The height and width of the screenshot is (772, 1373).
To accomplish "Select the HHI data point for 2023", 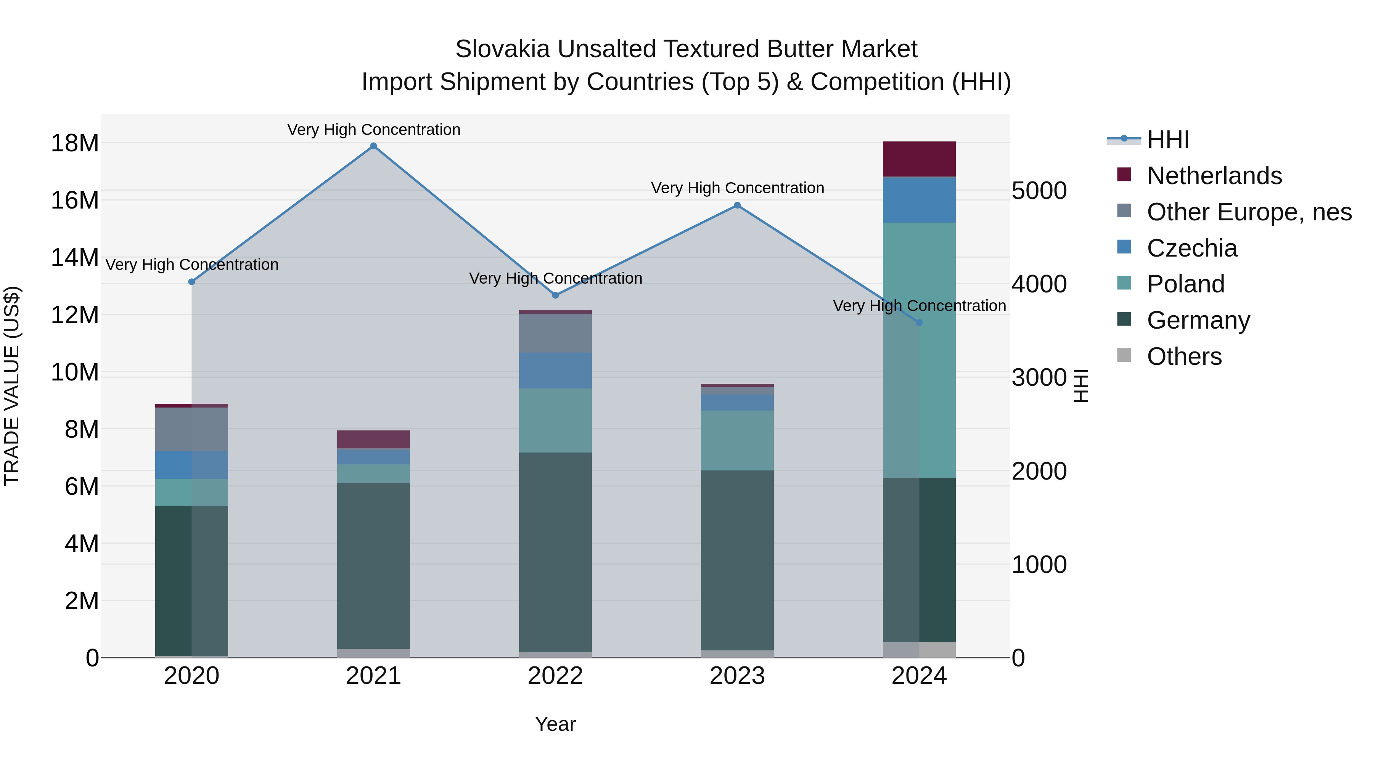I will [x=737, y=205].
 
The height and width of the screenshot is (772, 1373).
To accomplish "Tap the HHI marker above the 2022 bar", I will [x=555, y=295].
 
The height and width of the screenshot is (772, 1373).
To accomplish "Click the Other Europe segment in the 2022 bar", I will [x=555, y=333].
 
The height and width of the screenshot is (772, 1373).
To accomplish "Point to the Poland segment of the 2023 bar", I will [x=737, y=440].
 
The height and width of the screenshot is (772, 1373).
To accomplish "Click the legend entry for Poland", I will [x=1185, y=284].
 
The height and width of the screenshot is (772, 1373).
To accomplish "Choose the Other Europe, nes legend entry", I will [x=1249, y=212].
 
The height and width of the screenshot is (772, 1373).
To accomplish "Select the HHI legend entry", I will [x=1167, y=140].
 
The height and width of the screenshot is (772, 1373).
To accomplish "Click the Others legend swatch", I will [x=1124, y=355].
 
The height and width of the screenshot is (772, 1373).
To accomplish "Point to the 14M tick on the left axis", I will [x=75, y=257].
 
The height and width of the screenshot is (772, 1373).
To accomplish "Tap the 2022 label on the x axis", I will [x=555, y=676].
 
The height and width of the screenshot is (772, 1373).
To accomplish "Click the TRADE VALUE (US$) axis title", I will [x=12, y=386].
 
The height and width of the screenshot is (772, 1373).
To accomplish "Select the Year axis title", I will [x=555, y=724].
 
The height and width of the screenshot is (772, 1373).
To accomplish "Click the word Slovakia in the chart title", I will [x=502, y=49].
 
